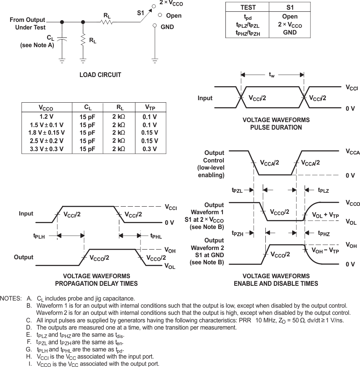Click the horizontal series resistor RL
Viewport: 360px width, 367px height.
[106, 22]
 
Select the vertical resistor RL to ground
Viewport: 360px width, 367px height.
[83, 40]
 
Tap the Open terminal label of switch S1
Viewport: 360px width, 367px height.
[174, 16]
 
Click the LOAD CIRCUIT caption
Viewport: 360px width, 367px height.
[100, 75]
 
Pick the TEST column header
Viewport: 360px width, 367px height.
[248, 8]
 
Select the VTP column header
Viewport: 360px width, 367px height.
[150, 107]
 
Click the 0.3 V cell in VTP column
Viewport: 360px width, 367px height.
[150, 149]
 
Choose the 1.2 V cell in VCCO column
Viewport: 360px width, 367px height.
[46, 117]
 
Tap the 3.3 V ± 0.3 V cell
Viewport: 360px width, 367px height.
[46, 149]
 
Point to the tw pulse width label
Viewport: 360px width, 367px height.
[272, 75]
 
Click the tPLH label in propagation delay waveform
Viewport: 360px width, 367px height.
[40, 236]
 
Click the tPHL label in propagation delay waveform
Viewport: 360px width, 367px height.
[156, 236]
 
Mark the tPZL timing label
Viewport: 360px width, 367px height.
[237, 190]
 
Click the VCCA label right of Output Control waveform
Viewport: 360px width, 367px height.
[352, 152]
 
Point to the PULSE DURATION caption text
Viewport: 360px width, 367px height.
[276, 128]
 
